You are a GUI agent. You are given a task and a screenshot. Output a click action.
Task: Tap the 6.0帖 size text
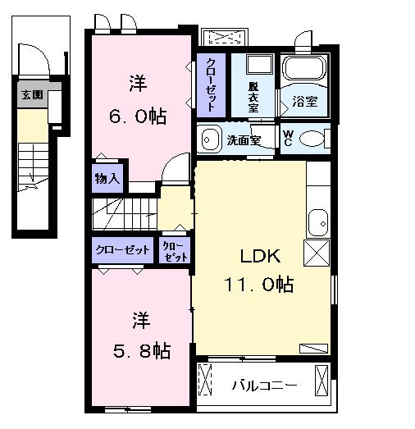point(138,116)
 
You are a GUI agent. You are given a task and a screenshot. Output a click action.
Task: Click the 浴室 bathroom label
point(305,103)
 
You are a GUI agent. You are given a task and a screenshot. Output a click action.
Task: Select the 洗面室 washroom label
point(244,139)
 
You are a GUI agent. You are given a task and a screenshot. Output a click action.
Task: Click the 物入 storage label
point(107,176)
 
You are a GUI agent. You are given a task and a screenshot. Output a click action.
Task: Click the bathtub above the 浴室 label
point(304,71)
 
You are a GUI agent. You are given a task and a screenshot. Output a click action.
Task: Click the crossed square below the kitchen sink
point(317,253)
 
